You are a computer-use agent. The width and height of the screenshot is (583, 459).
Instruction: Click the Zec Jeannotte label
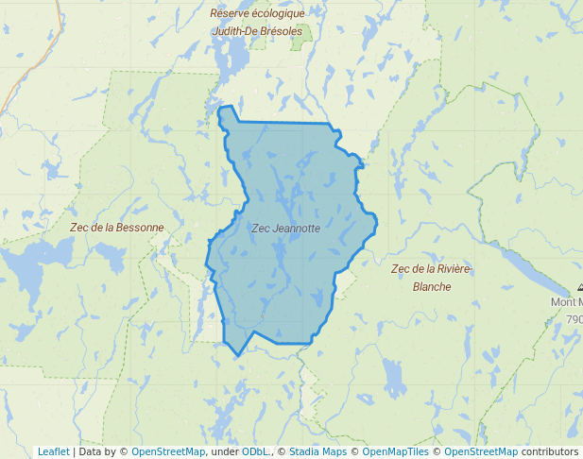tap(285, 229)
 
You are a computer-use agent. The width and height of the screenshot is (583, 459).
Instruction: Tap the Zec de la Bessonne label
tap(116, 228)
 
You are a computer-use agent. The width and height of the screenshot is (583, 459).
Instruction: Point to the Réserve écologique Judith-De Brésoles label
tap(257, 22)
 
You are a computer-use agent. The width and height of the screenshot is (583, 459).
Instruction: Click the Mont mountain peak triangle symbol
tap(579, 287)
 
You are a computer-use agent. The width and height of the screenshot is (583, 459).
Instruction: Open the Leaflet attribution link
tap(53, 451)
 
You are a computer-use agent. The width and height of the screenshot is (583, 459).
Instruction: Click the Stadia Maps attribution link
tap(317, 451)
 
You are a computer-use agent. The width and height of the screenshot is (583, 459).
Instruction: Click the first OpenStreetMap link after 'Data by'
tap(168, 451)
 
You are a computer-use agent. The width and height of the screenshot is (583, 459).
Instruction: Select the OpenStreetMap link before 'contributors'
tap(481, 451)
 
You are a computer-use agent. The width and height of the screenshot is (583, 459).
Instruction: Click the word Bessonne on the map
tap(138, 228)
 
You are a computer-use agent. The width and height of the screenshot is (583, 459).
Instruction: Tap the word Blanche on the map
tap(432, 287)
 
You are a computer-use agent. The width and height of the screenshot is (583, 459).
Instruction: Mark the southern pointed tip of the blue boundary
tap(238, 356)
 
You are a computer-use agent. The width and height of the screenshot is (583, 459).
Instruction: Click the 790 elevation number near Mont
tap(574, 319)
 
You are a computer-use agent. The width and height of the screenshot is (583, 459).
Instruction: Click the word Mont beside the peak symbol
tap(567, 302)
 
